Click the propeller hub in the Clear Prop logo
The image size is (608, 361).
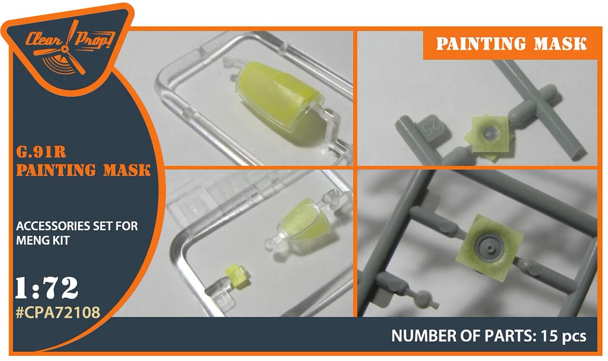click(65, 49)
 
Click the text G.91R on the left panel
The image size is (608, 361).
click(41, 152)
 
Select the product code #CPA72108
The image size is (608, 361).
click(58, 313)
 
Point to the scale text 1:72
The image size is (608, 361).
click(47, 288)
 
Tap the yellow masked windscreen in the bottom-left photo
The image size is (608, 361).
click(303, 220)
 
